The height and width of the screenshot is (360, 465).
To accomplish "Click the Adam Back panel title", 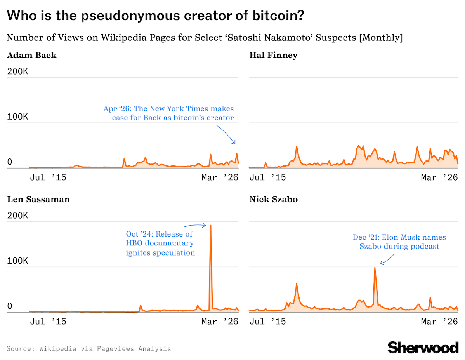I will [x=32, y=56].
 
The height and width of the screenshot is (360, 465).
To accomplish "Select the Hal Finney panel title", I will [x=273, y=56].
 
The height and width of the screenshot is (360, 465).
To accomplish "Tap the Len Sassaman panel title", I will [x=38, y=200].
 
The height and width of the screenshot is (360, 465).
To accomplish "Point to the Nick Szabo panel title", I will [x=273, y=200].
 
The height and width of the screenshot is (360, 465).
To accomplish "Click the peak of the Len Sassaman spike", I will [x=210, y=226].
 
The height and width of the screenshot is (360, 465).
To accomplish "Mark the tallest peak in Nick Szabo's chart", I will [x=375, y=268].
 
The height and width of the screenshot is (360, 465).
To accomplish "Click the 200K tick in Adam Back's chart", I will [x=17, y=72].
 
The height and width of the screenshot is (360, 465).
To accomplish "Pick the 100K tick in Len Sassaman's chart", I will [x=17, y=261].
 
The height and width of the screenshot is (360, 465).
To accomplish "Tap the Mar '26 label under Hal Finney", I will [x=439, y=178].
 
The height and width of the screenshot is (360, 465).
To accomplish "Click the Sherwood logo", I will [x=423, y=347].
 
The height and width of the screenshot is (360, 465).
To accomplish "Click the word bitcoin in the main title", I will [x=275, y=16].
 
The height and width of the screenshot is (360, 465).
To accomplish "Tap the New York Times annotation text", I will [x=169, y=113].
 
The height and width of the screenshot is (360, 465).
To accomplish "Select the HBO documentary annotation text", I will [x=160, y=243].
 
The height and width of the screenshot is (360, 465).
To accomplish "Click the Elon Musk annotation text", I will [x=399, y=242].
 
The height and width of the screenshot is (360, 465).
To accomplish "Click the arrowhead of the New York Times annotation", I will [x=234, y=144].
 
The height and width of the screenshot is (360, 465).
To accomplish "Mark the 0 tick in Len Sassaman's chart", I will [x=10, y=306].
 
